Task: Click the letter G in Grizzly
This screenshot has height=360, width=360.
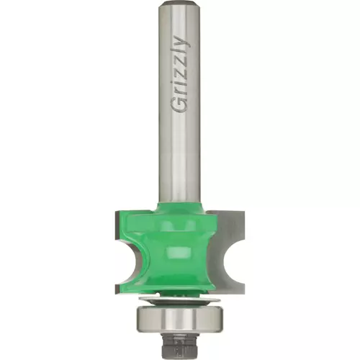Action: click(x=179, y=104)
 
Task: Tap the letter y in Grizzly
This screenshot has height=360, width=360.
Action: click(x=183, y=43)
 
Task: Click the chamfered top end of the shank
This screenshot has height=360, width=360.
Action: click(x=179, y=4)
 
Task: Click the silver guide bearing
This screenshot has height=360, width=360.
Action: click(x=179, y=320)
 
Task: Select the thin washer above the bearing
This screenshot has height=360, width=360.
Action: click(x=179, y=301)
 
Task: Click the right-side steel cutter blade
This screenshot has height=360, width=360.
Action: click(x=227, y=252)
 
